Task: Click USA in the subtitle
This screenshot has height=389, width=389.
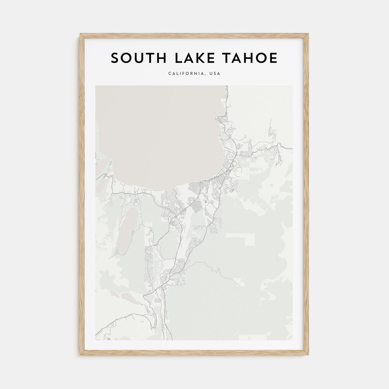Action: (x=215, y=74)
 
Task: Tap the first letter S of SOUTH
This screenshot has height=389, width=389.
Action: (x=114, y=58)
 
